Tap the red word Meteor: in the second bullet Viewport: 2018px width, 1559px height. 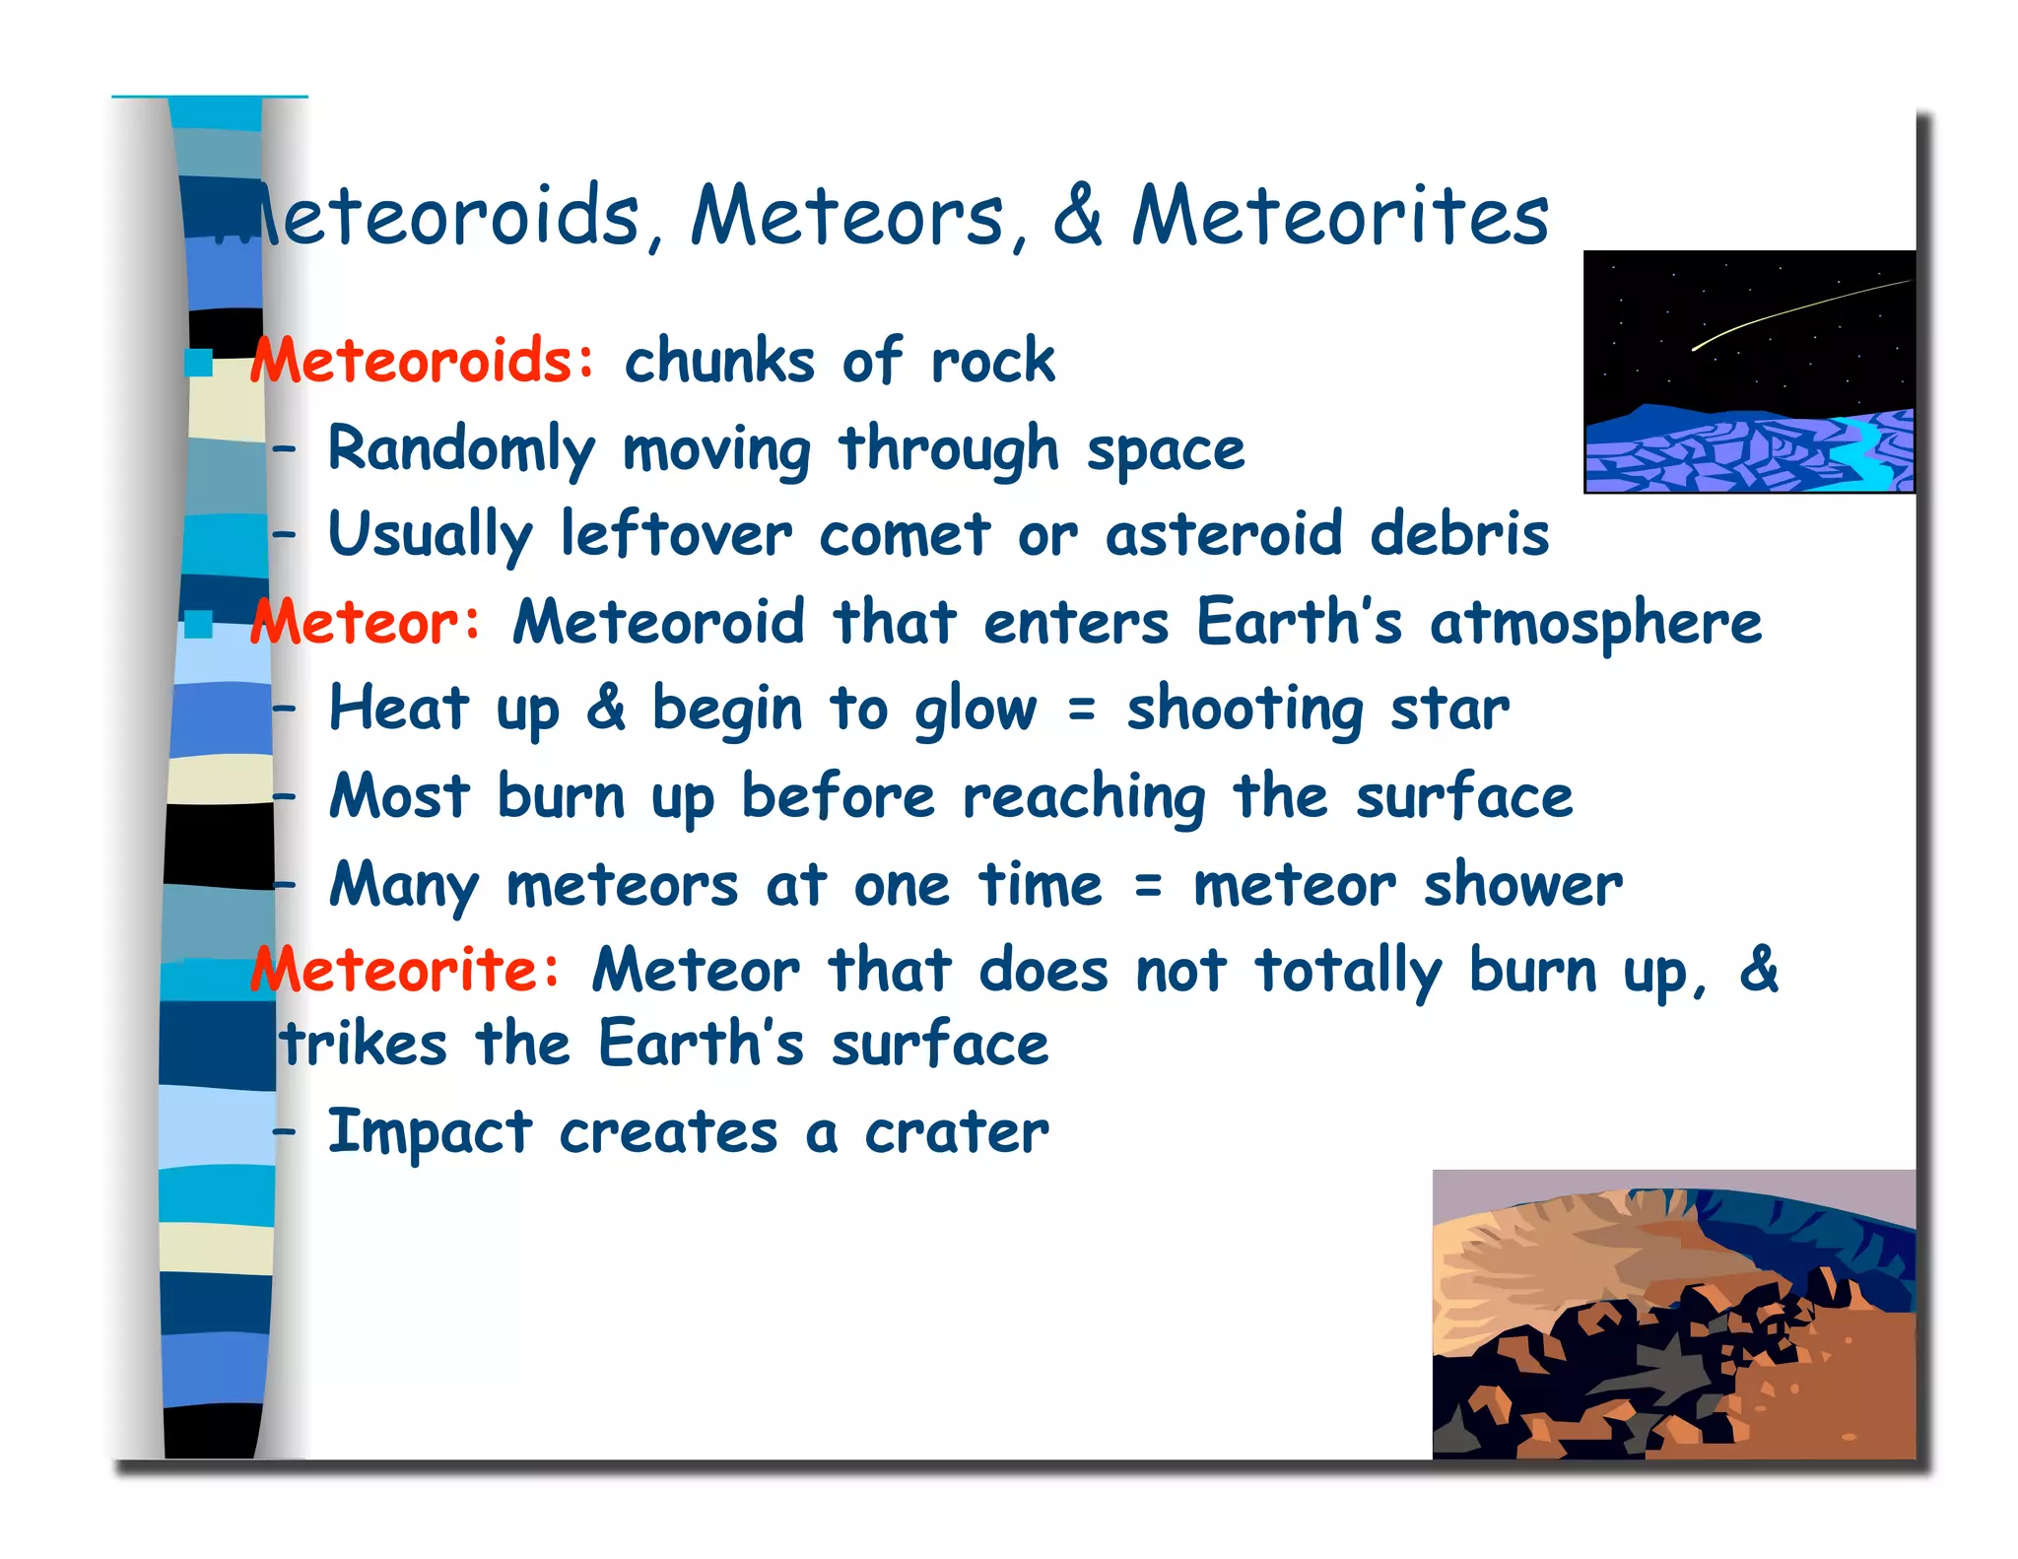coord(366,623)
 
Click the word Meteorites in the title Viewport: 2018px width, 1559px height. coord(1340,217)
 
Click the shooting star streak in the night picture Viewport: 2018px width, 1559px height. coord(1793,313)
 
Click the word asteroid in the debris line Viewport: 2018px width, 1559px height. coord(1223,535)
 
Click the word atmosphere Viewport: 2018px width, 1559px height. coord(1595,624)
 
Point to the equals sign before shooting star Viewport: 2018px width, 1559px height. coord(1081,709)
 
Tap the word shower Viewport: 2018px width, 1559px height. coord(1522,885)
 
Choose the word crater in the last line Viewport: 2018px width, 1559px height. coord(956,1133)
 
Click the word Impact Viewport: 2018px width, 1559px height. coord(430,1133)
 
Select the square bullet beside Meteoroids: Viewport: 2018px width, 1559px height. coord(200,363)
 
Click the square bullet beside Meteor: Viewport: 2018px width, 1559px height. coord(200,624)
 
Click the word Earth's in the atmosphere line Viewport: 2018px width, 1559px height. coord(1298,624)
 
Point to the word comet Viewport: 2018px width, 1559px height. coord(904,535)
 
